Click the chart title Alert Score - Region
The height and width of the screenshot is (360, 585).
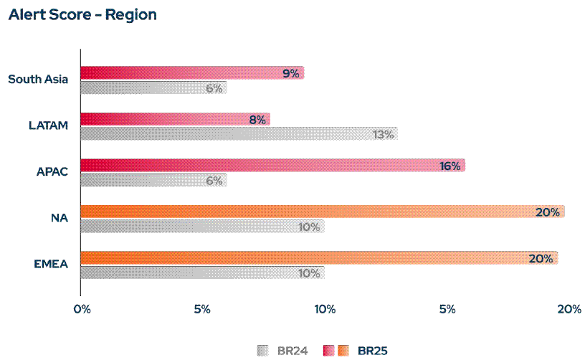tap(82, 15)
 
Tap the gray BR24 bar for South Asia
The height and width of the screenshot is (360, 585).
tap(153, 87)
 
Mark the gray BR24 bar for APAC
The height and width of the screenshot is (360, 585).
tap(153, 180)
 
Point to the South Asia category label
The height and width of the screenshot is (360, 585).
tap(38, 79)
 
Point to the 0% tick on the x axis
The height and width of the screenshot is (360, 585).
tap(81, 309)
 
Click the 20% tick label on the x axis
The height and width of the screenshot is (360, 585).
tap(569, 309)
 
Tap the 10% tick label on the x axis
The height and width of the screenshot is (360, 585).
tap(325, 309)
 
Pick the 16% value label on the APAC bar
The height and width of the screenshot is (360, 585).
tap(450, 166)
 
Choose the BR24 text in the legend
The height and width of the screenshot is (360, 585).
tap(292, 351)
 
